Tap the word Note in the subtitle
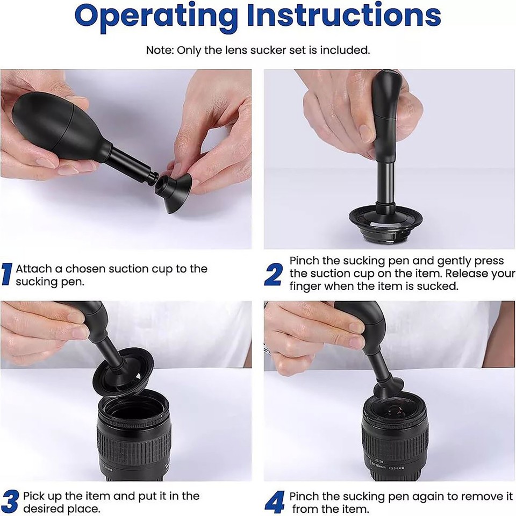point(158,50)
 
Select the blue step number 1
point(6,274)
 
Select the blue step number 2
point(273,275)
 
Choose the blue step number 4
point(274,501)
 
